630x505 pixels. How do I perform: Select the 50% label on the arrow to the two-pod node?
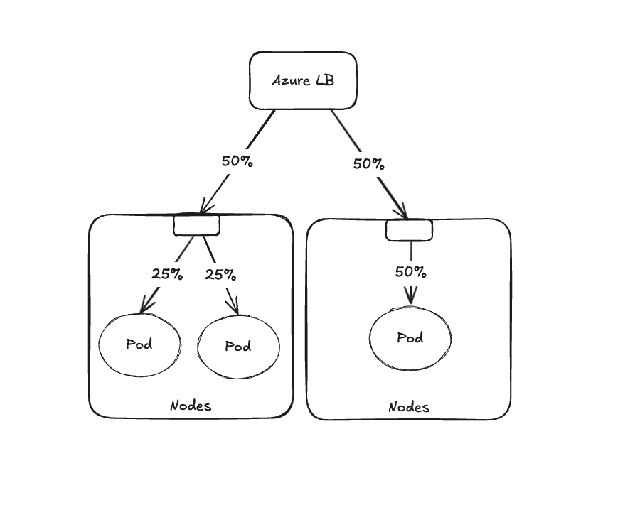[237, 161]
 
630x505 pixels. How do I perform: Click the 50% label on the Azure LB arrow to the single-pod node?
[368, 163]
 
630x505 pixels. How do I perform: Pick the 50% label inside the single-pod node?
[410, 271]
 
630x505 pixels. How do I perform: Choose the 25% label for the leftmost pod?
[166, 273]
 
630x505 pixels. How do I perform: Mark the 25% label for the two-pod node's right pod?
[220, 273]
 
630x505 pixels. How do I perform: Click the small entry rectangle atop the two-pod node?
[197, 225]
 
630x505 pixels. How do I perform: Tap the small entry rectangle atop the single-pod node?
[409, 230]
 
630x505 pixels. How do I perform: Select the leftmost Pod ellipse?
[139, 344]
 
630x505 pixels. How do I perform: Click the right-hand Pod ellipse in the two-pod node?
[238, 347]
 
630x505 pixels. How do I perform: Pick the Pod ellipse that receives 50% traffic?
[410, 338]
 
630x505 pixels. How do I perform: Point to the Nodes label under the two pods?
[191, 406]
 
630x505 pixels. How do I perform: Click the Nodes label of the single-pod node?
[409, 407]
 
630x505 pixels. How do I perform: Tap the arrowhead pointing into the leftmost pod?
[146, 306]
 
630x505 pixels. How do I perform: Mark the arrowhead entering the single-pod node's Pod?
[410, 296]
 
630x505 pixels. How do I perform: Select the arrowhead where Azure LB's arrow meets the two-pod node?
[205, 207]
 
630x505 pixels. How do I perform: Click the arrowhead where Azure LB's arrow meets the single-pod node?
[402, 212]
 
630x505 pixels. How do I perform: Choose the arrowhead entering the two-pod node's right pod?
[233, 307]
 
